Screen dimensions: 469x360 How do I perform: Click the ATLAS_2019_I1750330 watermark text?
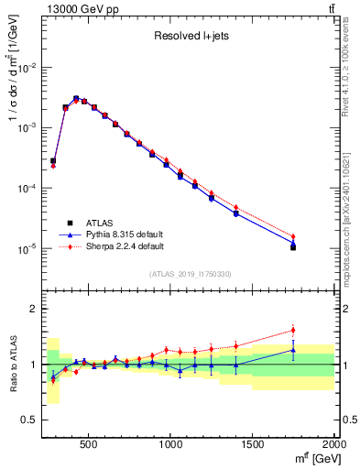coord(190,274)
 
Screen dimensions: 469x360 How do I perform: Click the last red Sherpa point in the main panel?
coord(293,236)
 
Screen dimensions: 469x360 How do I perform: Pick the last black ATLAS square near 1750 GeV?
coord(293,247)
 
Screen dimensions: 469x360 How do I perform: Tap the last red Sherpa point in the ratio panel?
coord(293,330)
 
